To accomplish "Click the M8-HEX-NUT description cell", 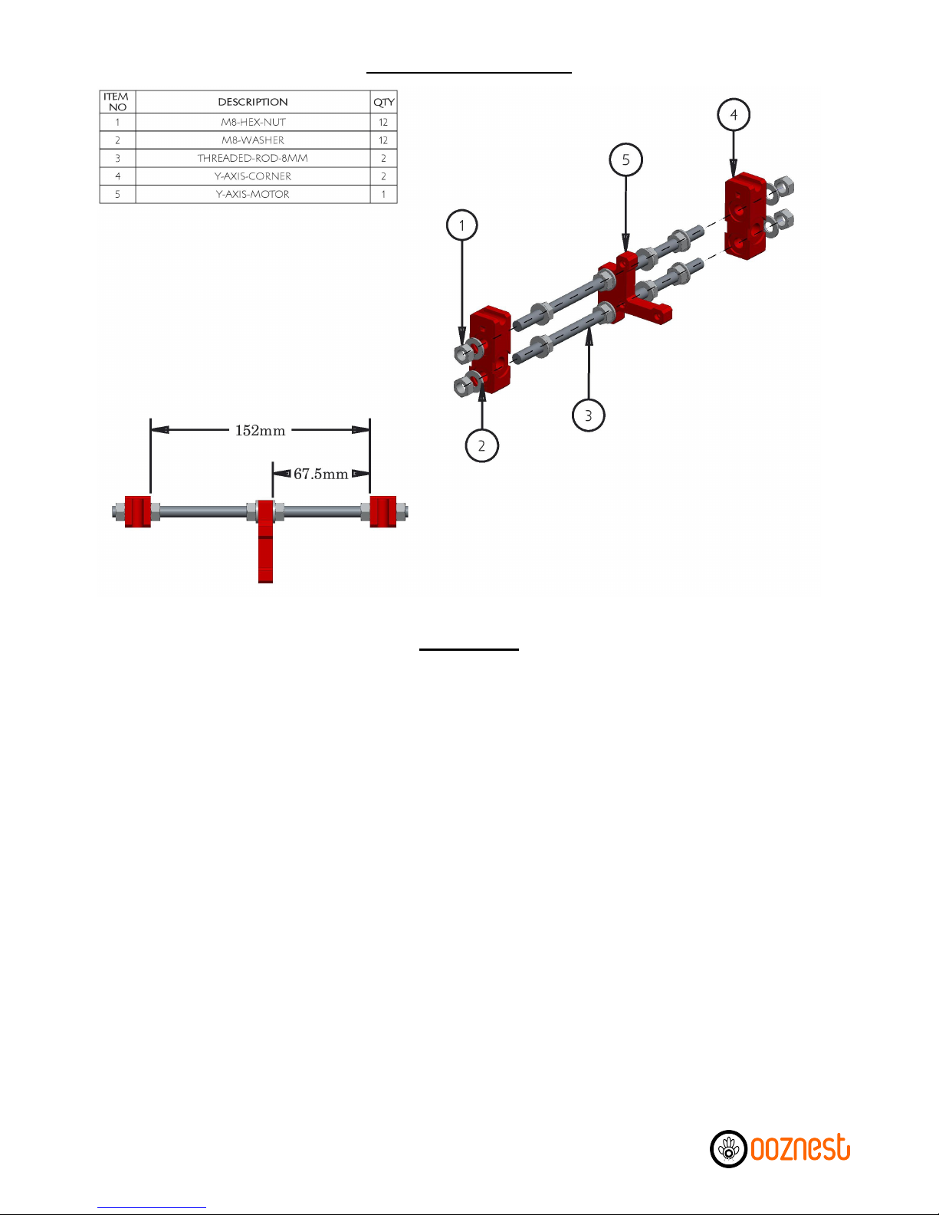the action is point(253,122).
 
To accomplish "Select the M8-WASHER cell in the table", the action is point(253,140).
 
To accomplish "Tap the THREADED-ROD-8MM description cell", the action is point(253,158).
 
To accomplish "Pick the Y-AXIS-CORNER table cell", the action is point(253,176).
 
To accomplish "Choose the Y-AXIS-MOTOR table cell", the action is point(253,194).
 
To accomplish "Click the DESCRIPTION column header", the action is point(253,102).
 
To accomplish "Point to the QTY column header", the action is point(383,102).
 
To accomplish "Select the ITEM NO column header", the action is point(117,102).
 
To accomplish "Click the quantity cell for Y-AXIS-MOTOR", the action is point(383,194).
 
